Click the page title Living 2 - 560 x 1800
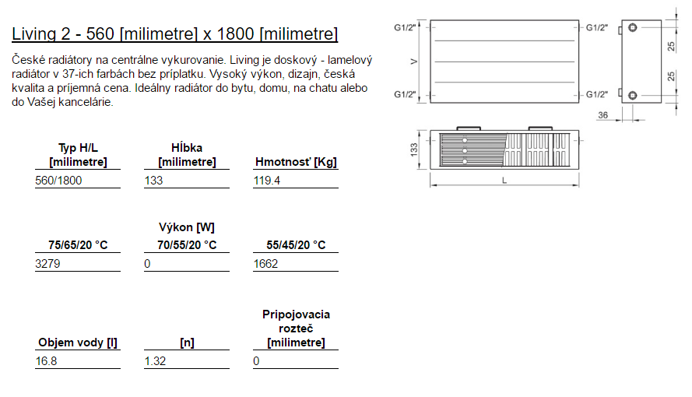175,34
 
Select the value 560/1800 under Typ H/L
58,181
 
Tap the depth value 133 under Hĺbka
153,181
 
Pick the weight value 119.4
266,181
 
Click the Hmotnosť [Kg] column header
296,162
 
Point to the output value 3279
47,264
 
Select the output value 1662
265,264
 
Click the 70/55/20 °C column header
187,244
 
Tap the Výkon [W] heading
187,227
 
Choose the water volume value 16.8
47,361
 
